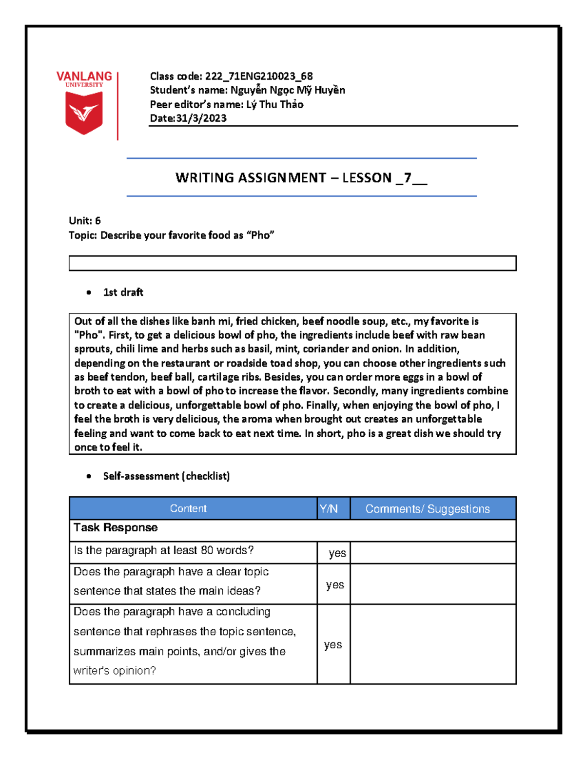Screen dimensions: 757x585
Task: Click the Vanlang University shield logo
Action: click(x=84, y=112)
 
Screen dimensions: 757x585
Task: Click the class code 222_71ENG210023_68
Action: click(x=258, y=76)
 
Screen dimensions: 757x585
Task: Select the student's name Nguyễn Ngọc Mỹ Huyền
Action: click(x=288, y=90)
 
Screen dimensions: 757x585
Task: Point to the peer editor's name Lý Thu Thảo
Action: click(x=274, y=104)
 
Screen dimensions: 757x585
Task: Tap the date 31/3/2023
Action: click(x=201, y=118)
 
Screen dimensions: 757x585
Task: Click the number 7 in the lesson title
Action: click(x=408, y=177)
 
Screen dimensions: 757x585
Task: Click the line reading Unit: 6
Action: click(x=85, y=221)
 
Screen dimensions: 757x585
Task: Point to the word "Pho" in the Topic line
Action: click(x=261, y=235)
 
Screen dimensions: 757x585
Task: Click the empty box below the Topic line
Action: click(x=292, y=263)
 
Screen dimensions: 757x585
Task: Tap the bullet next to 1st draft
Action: click(x=89, y=292)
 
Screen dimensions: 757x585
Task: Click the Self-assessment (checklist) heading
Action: click(x=166, y=476)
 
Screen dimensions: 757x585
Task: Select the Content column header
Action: click(x=188, y=508)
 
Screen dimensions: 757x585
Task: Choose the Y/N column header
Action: click(x=329, y=509)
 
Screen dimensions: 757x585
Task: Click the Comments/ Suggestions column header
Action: click(x=428, y=509)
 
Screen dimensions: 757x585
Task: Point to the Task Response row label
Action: click(x=116, y=527)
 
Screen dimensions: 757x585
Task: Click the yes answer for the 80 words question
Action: click(x=337, y=553)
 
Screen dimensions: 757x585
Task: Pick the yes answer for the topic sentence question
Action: click(x=335, y=584)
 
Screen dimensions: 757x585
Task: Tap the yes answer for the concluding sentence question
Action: click(x=333, y=644)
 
